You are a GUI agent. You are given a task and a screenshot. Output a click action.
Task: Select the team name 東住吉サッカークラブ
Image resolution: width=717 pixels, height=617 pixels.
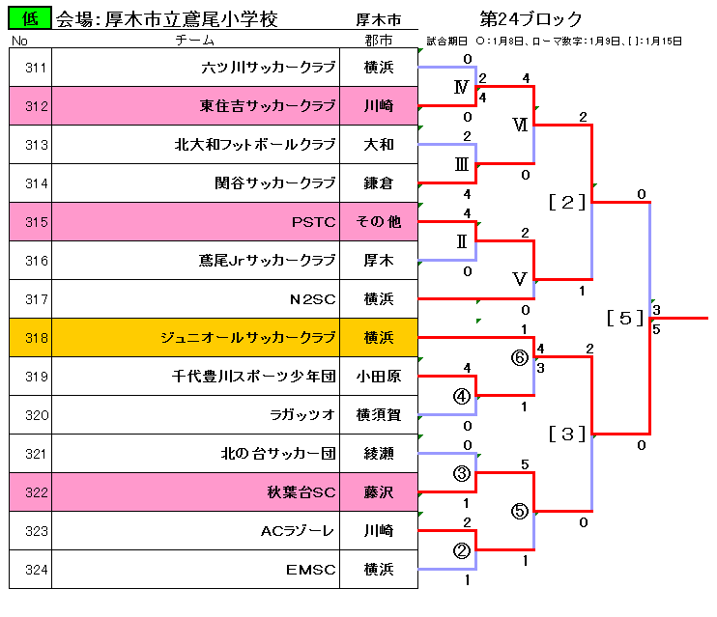tap(268, 106)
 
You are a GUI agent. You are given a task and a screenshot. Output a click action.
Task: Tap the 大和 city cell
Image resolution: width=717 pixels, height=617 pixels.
tap(379, 145)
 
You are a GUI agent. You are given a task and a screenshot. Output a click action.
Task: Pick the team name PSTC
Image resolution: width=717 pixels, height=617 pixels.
tap(313, 222)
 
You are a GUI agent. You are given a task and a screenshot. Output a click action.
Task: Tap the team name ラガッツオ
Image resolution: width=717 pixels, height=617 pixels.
tap(303, 415)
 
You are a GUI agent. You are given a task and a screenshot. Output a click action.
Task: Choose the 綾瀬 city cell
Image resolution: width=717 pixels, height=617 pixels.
tap(379, 454)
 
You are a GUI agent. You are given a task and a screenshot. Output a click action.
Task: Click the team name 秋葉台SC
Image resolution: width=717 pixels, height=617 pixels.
tap(301, 492)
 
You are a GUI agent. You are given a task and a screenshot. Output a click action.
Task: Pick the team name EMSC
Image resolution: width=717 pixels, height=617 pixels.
tap(310, 570)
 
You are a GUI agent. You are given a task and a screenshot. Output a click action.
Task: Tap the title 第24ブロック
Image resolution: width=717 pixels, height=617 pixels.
tap(531, 18)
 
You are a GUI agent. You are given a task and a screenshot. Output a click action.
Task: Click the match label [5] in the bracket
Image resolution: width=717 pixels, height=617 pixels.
tap(625, 318)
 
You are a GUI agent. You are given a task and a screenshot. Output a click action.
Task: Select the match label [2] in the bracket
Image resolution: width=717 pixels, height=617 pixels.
tap(567, 202)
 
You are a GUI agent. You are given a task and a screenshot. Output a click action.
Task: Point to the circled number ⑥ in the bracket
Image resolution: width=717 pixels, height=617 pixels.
tap(520, 356)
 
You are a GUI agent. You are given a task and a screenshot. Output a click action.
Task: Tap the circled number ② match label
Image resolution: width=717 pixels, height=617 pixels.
tap(462, 550)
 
